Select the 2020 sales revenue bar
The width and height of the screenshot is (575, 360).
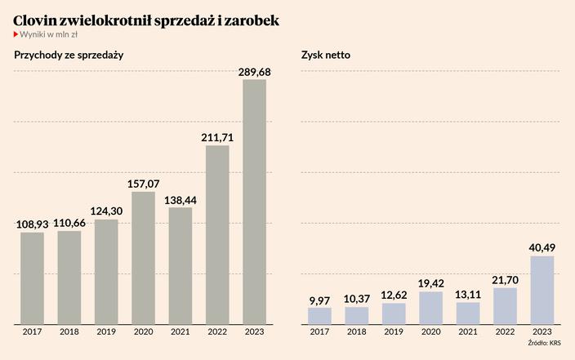point(143,257)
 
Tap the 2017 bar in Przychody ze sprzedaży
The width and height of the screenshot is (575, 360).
point(32,278)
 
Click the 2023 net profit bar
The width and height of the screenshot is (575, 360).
point(542,289)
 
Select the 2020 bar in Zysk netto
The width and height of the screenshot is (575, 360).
point(430,306)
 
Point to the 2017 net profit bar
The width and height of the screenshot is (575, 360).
point(319,314)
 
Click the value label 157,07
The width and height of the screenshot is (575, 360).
point(143,184)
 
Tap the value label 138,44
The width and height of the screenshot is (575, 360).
point(181,199)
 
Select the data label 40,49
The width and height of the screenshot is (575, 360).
point(542,248)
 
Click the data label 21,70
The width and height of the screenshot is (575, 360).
point(505,279)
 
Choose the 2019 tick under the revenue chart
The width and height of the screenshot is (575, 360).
point(106,332)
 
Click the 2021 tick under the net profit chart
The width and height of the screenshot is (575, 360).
point(468,332)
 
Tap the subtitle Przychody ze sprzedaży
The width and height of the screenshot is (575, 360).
point(68,56)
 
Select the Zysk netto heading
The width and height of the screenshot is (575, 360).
point(325,56)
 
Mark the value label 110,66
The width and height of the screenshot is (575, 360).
point(69,222)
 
